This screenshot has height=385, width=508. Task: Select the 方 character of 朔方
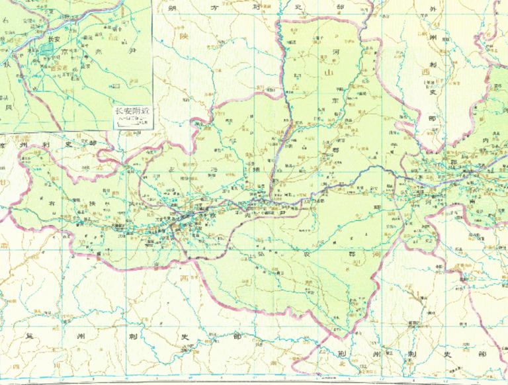click(x=214, y=8)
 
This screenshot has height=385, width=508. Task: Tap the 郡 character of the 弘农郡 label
click(x=351, y=253)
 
